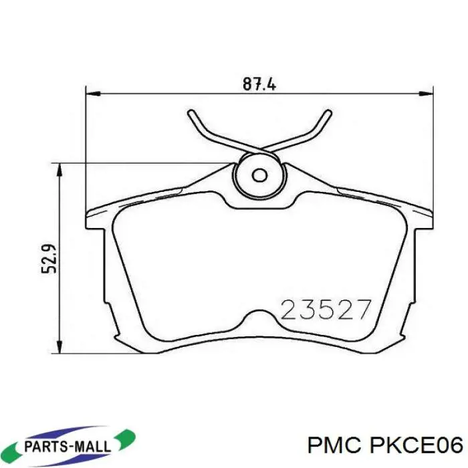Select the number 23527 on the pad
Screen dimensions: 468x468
click(326, 310)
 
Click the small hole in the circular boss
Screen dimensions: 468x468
click(259, 176)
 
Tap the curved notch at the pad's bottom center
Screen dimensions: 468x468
click(259, 315)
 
